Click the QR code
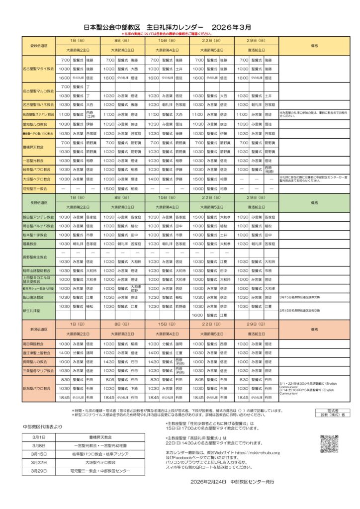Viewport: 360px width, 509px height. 329,443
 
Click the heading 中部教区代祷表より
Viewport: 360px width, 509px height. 43,426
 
